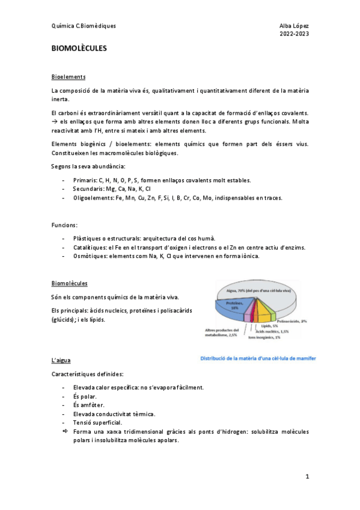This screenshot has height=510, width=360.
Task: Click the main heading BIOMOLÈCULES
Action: [79, 49]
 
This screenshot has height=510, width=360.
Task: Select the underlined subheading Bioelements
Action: [69, 77]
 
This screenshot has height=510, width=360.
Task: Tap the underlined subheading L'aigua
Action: [61, 360]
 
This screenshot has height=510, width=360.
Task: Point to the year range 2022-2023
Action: [294, 34]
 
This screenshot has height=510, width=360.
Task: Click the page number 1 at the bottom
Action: [307, 476]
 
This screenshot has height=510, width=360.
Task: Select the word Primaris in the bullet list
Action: [83, 180]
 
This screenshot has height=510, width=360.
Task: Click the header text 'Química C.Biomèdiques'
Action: [84, 26]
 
